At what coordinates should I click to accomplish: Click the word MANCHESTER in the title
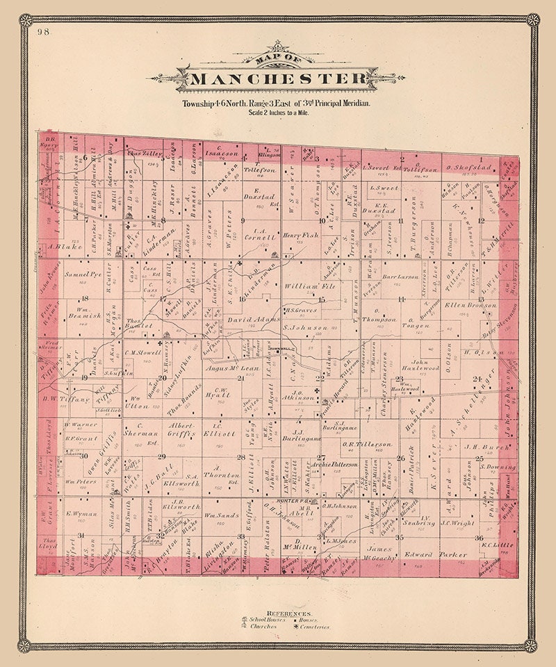click(x=277, y=78)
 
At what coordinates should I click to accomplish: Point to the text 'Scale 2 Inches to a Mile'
click(x=277, y=112)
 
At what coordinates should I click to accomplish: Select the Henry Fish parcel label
click(x=300, y=236)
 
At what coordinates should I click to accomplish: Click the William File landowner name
click(x=319, y=286)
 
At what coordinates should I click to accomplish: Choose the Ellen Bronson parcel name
click(x=473, y=305)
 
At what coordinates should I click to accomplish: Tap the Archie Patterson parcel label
click(x=334, y=463)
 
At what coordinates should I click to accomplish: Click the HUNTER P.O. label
click(x=292, y=500)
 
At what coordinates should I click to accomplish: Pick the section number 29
click(x=161, y=456)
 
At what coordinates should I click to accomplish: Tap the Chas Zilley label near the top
click(x=144, y=151)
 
